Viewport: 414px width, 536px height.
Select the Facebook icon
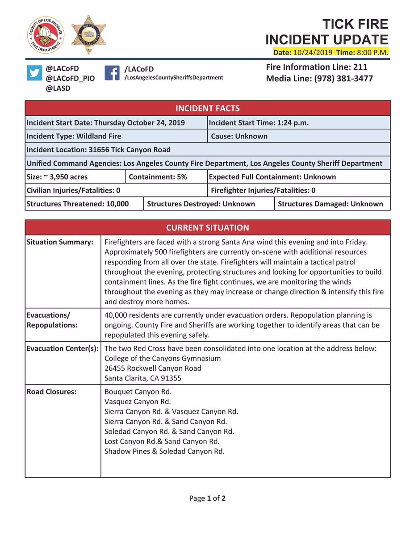click(x=112, y=73)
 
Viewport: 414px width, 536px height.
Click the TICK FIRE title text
click(x=355, y=24)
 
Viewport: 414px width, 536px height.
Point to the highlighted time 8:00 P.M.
click(x=372, y=52)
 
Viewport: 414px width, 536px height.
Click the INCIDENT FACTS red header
click(x=207, y=108)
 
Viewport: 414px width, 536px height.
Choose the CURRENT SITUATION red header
click(x=207, y=227)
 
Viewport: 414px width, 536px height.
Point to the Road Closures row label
click(x=51, y=392)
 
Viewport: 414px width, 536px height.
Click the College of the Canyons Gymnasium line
click(x=162, y=358)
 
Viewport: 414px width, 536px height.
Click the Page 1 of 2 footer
click(x=207, y=498)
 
